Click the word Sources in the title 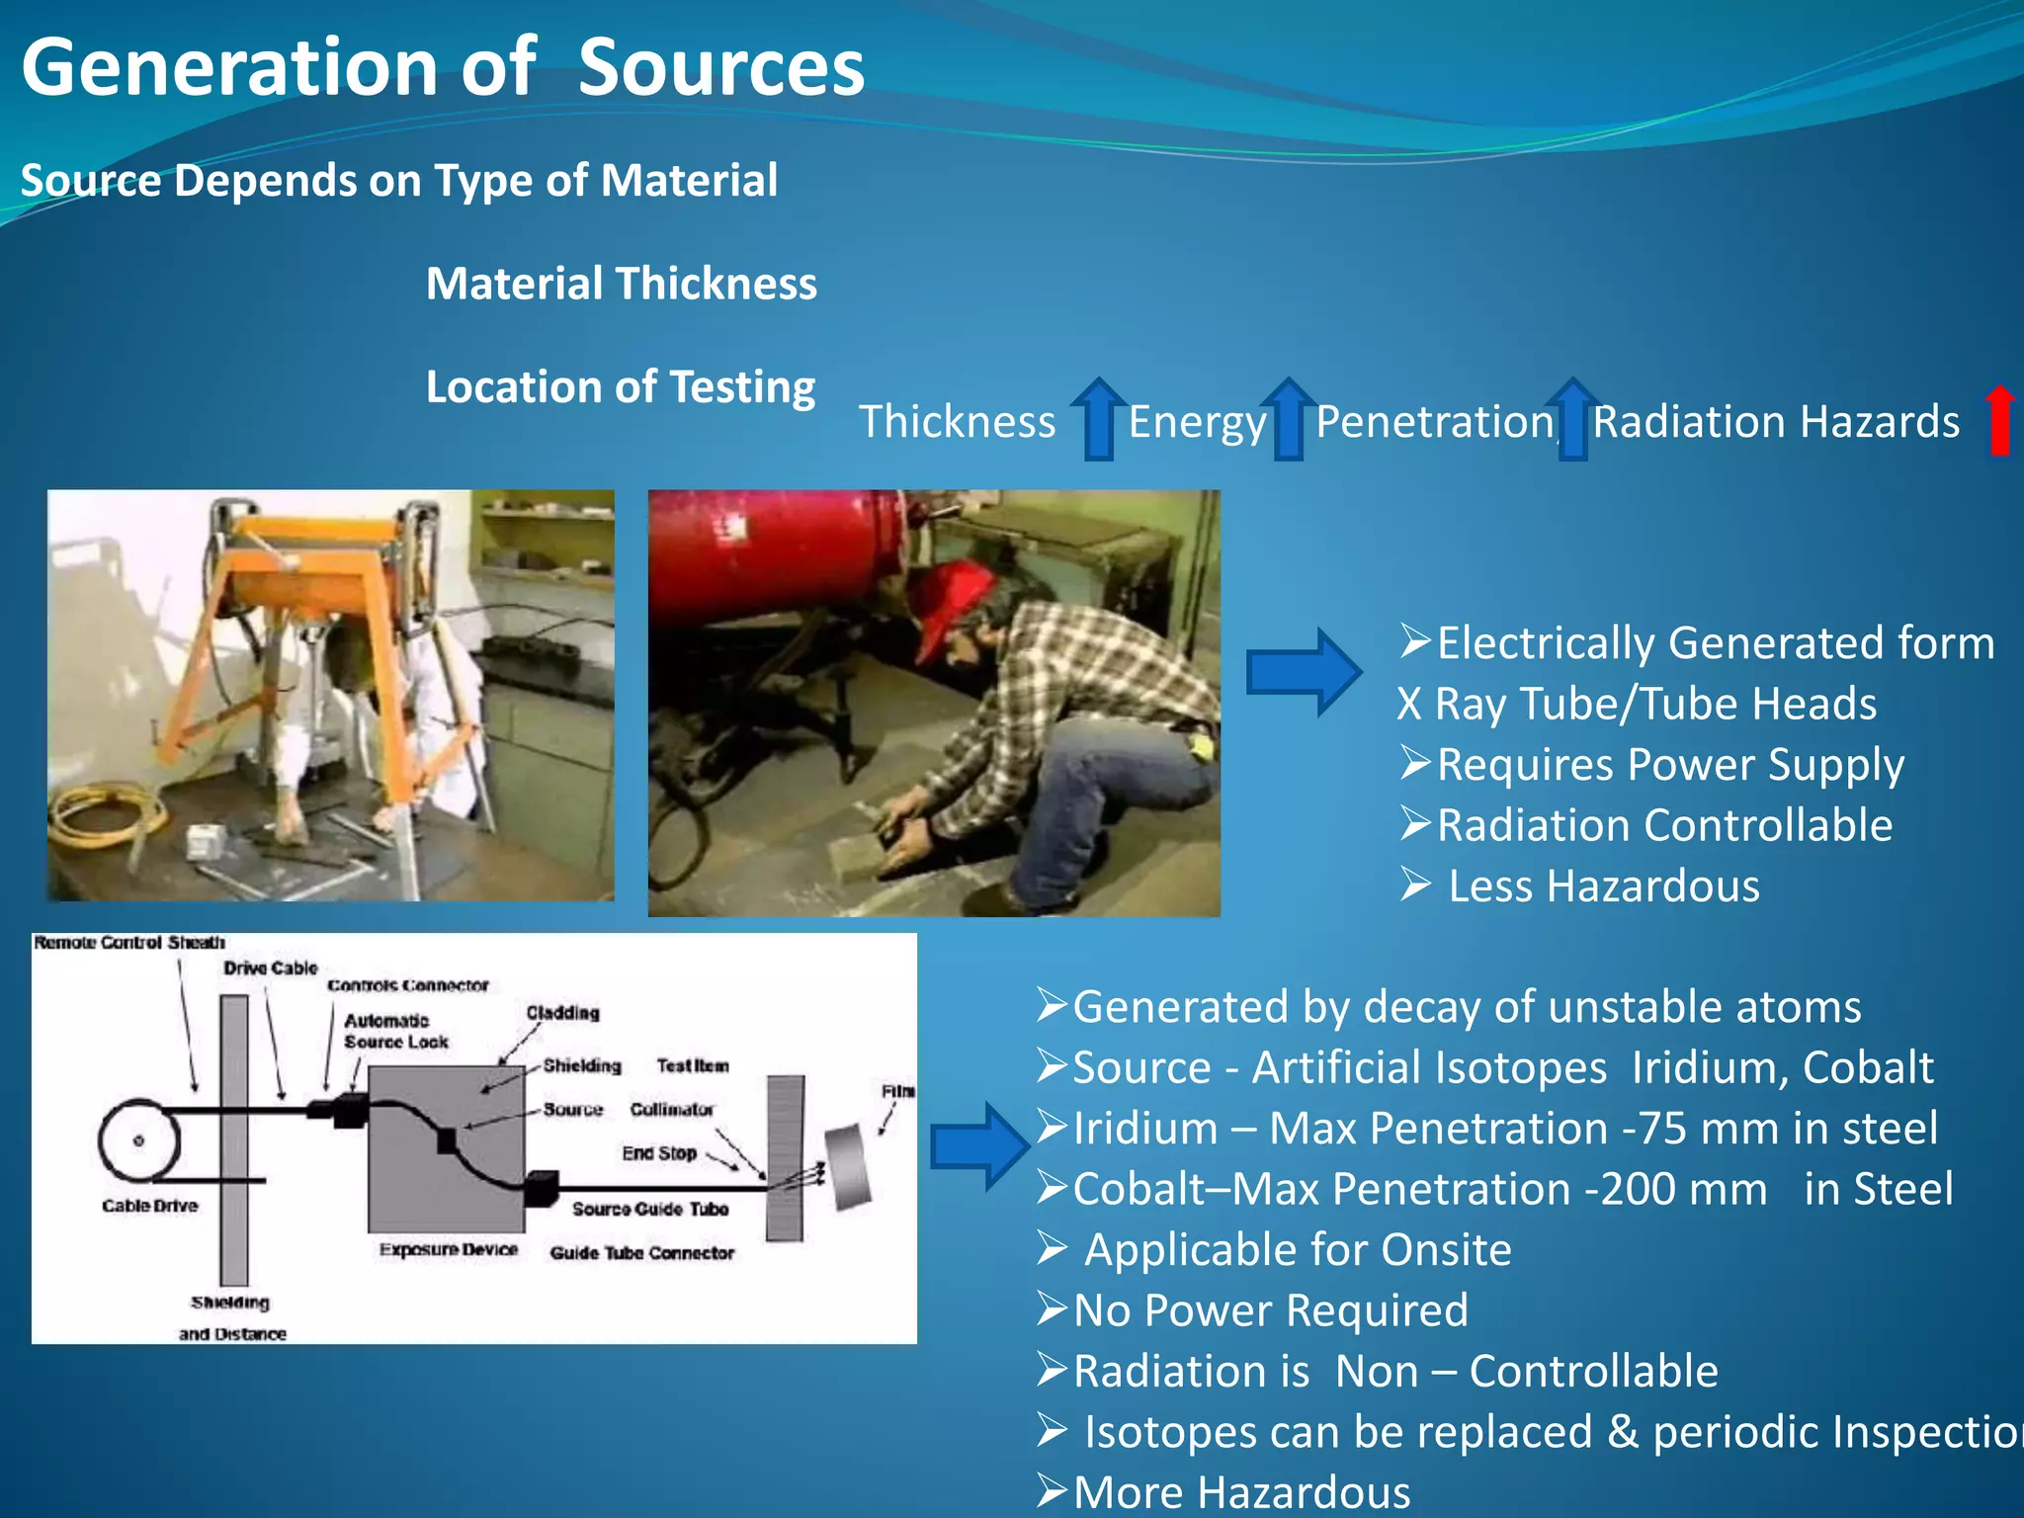click(720, 67)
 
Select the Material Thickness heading click(621, 284)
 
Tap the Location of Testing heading click(620, 386)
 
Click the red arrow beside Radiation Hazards click(1999, 420)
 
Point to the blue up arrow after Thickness click(1098, 419)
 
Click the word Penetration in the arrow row click(1435, 422)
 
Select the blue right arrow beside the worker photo click(1303, 672)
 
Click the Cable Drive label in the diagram click(149, 1206)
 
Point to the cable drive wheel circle click(138, 1140)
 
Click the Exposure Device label click(448, 1250)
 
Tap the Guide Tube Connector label click(641, 1253)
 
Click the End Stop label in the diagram click(659, 1153)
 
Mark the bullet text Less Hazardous click(1603, 886)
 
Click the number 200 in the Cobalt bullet click(1635, 1189)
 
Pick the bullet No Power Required click(1270, 1310)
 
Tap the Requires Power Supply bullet click(1669, 765)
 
